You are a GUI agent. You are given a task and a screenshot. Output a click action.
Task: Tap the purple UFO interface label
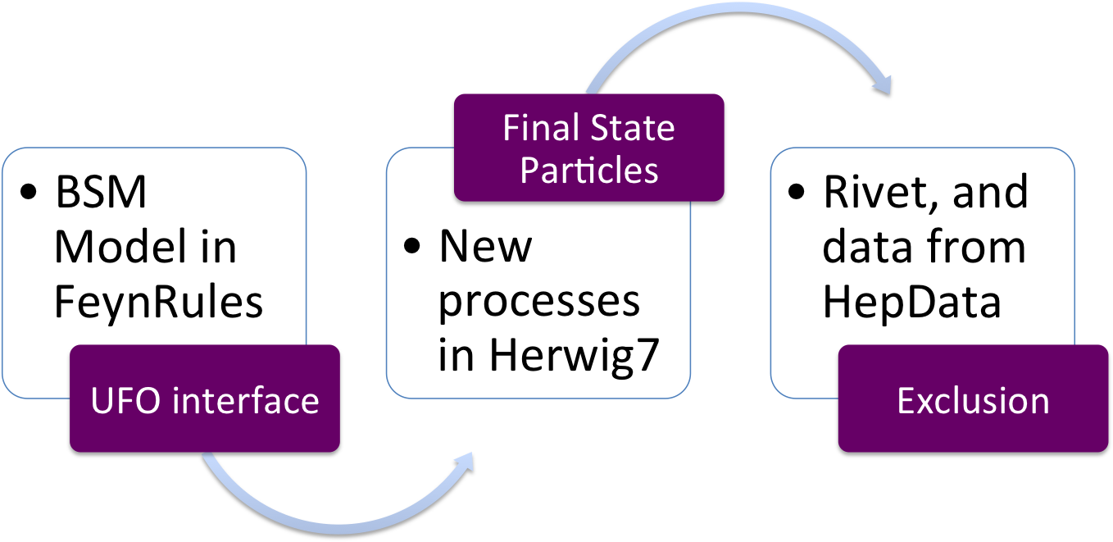coord(205,399)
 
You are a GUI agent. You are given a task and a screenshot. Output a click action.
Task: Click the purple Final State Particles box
coord(588,148)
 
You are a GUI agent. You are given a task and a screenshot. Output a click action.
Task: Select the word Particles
coord(588,170)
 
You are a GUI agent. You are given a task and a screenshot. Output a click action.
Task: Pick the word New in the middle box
coord(485,246)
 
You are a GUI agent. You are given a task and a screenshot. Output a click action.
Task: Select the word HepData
coord(911,302)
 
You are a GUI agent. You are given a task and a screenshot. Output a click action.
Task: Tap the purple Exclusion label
coord(972,401)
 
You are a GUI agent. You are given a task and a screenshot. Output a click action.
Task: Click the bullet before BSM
coord(30,195)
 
